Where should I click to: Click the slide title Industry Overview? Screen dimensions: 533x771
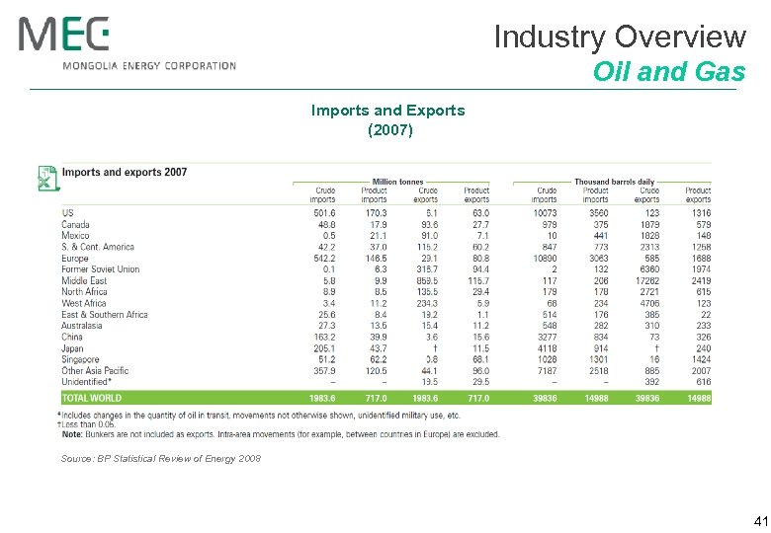click(619, 37)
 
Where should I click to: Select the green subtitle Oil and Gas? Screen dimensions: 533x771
click(668, 72)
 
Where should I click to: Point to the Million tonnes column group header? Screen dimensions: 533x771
click(397, 181)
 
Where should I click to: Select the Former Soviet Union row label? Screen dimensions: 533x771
click(100, 269)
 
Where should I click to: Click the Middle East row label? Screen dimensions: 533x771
click(83, 280)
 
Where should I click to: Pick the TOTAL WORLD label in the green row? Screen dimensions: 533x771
click(92, 398)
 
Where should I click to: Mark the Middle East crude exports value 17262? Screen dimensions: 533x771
click(645, 280)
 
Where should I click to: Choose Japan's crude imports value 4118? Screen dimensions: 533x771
click(546, 348)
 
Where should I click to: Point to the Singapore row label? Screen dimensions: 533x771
click(80, 359)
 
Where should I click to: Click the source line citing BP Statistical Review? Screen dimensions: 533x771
click(160, 459)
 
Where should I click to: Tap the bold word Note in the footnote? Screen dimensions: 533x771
click(72, 434)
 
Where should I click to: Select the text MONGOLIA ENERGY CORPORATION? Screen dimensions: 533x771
click(149, 66)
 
